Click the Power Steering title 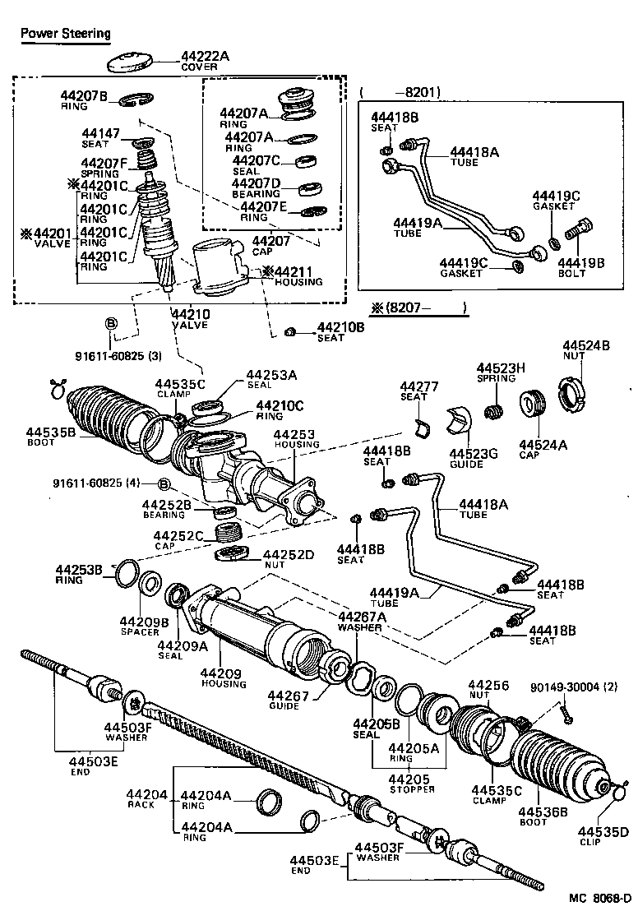pyautogui.click(x=65, y=33)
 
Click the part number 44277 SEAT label pyautogui.click(x=414, y=391)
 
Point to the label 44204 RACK pyautogui.click(x=146, y=799)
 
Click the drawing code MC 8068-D pyautogui.click(x=590, y=899)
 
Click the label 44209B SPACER pyautogui.click(x=143, y=626)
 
